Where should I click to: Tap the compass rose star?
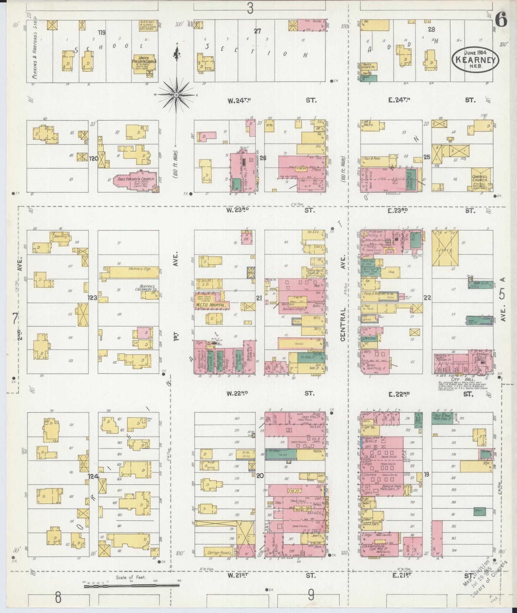click(x=176, y=95)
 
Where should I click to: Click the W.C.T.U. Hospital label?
click(x=211, y=305)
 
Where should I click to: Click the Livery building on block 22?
click(x=445, y=248)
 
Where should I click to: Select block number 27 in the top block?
click(x=257, y=31)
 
